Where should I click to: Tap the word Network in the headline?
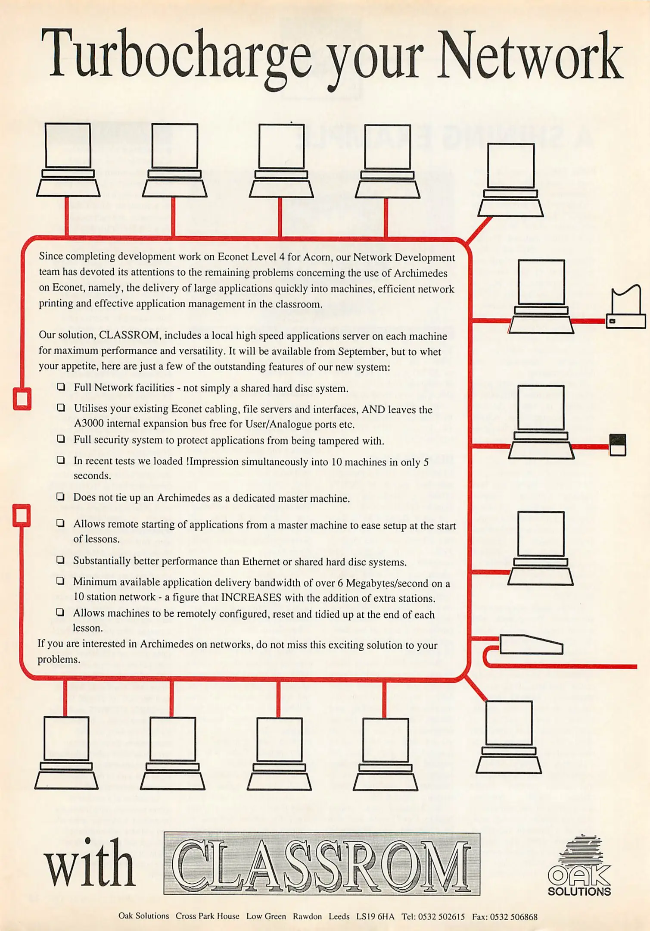click(x=530, y=56)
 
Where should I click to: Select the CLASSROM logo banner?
click(x=322, y=864)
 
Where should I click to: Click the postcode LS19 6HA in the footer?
click(x=375, y=917)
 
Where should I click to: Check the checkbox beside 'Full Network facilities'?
click(x=61, y=387)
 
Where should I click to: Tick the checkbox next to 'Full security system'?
click(x=61, y=439)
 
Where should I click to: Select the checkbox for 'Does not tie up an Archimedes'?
click(x=61, y=497)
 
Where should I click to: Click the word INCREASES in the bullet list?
click(x=251, y=598)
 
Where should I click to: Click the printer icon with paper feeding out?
click(x=626, y=309)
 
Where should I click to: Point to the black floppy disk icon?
click(x=618, y=445)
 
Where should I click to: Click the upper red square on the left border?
click(x=22, y=399)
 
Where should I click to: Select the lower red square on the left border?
click(x=22, y=515)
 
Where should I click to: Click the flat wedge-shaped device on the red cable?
click(x=531, y=645)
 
